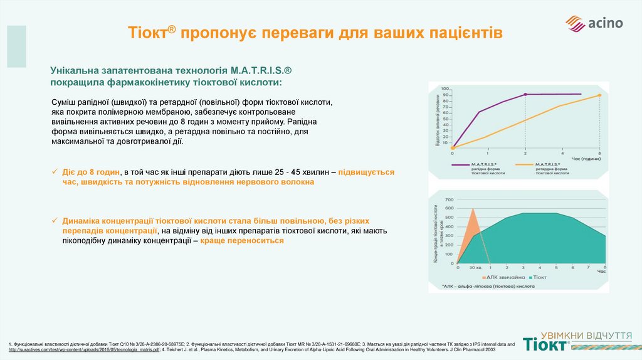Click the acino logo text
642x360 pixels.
[x=605, y=24]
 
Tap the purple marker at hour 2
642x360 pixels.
[x=525, y=95]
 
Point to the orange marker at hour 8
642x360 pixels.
[x=599, y=95]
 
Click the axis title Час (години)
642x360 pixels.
[x=586, y=158]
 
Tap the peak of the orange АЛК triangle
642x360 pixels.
[x=474, y=209]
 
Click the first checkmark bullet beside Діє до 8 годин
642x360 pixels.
[x=55, y=171]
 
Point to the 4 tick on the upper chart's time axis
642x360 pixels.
[x=562, y=153]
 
